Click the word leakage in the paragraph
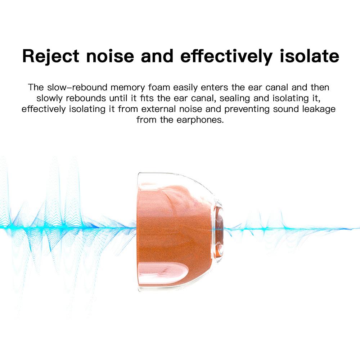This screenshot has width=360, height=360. click(320, 109)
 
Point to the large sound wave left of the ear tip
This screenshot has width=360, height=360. click(65, 227)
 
